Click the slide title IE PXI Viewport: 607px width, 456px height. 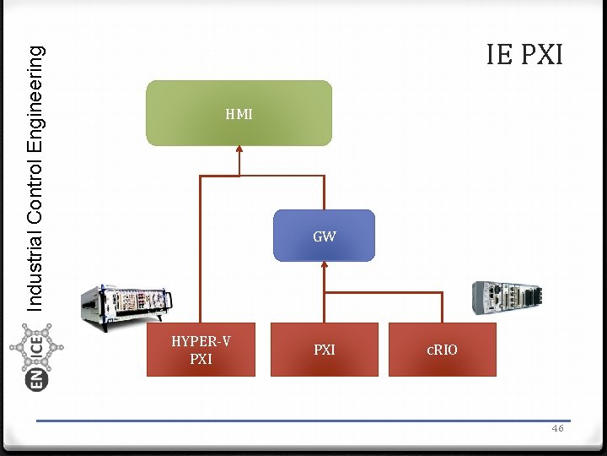pos(524,54)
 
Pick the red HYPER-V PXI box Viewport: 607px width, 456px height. pos(201,350)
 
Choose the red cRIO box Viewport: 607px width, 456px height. pos(442,350)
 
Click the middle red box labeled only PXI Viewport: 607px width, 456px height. pos(325,350)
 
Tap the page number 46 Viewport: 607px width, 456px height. pos(557,429)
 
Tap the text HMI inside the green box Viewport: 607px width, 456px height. pos(239,114)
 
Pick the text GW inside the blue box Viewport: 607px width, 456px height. pos(325,237)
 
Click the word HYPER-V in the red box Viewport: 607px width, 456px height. pos(201,342)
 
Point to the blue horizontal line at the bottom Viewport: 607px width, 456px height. pos(303,421)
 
